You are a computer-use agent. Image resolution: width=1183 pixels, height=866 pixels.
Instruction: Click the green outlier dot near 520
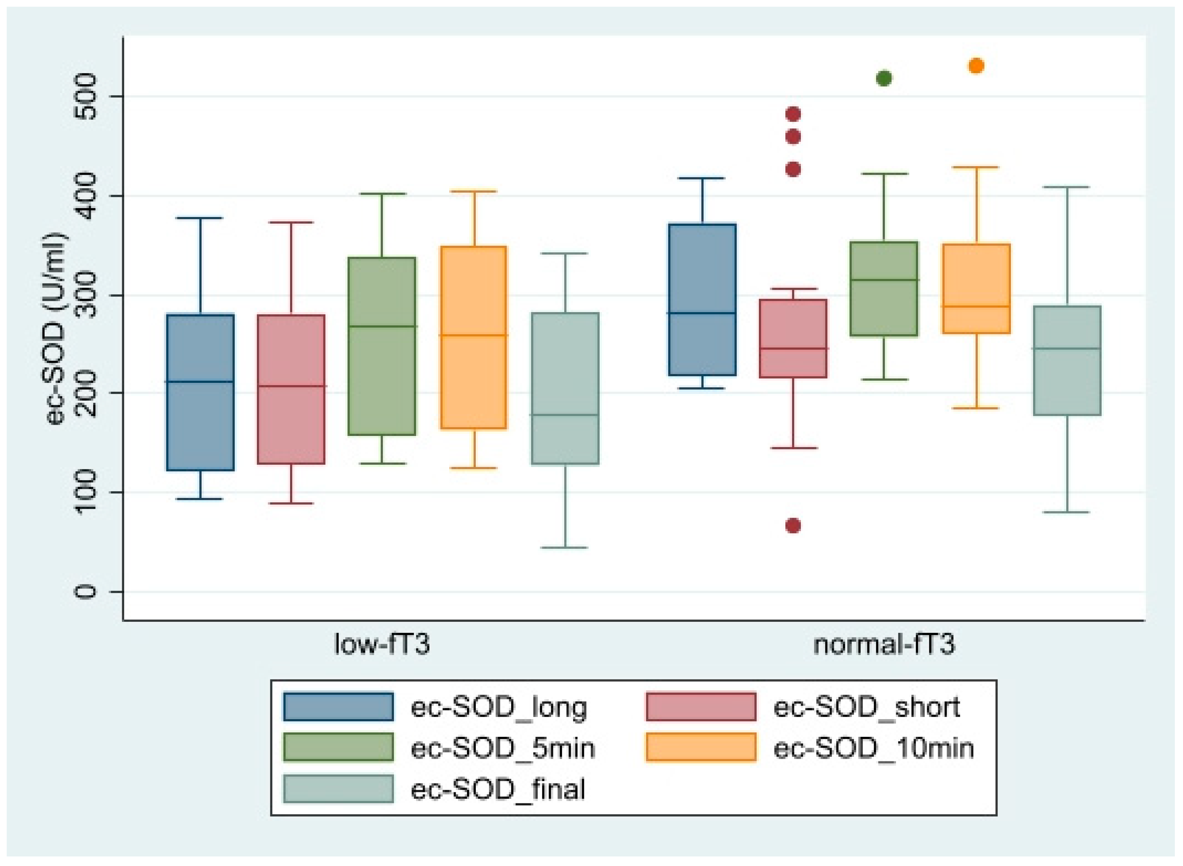(x=883, y=79)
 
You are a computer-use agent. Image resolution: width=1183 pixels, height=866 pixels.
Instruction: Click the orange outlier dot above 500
(x=976, y=66)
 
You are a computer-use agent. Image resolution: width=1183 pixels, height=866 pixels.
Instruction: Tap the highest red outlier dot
(x=793, y=114)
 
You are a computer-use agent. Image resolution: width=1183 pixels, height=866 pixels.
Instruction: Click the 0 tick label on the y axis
(x=84, y=592)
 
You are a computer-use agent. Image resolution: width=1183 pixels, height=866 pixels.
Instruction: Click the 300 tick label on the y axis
(x=84, y=295)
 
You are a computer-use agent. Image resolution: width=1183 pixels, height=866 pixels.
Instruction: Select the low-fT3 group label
(x=382, y=644)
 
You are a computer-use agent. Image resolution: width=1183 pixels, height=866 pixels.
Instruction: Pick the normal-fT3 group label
(x=884, y=644)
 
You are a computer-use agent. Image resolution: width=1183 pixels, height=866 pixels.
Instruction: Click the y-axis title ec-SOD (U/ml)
(x=57, y=328)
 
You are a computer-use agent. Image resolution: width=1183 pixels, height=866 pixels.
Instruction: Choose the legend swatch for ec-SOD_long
(x=338, y=707)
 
